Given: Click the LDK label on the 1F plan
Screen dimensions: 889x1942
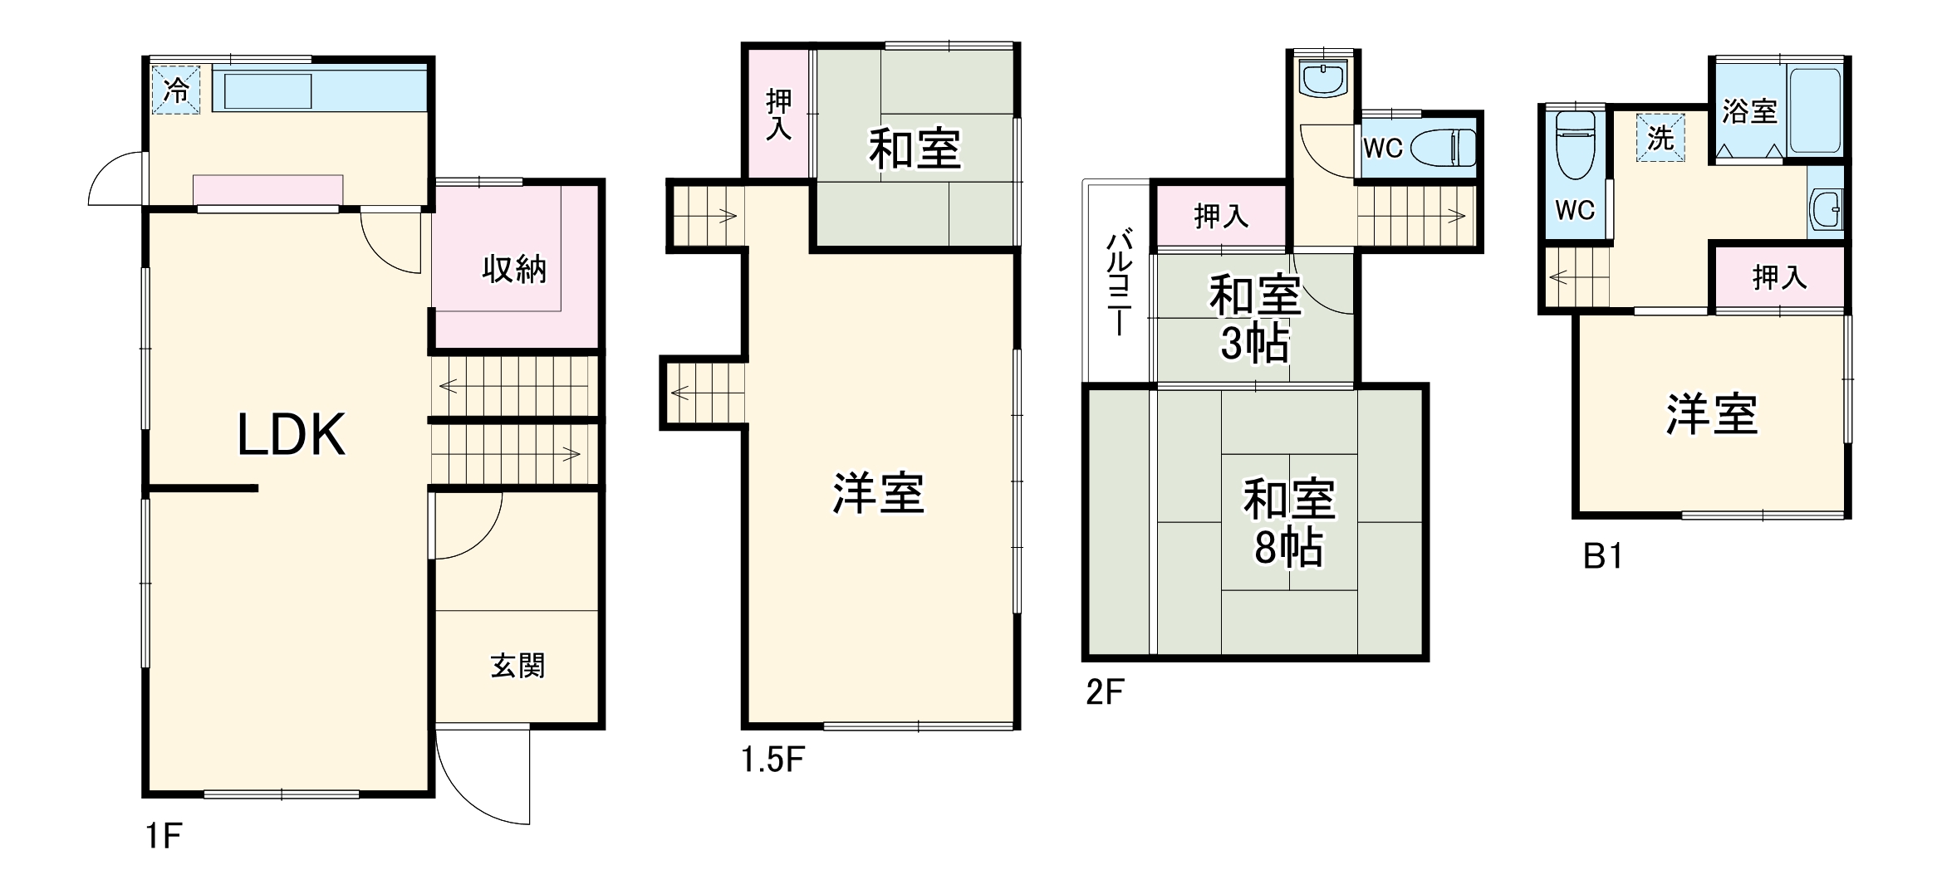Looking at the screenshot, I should coord(291,434).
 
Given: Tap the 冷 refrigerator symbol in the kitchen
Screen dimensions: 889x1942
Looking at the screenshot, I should coord(175,89).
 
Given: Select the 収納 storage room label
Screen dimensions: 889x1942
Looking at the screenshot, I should coord(514,270).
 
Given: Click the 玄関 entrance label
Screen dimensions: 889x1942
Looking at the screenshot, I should coord(517,666).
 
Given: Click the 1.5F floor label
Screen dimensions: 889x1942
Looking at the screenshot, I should coord(772,760).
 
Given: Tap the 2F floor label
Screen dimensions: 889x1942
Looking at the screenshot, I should coord(1105,691).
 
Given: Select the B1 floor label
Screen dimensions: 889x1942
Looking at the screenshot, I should coord(1602,556).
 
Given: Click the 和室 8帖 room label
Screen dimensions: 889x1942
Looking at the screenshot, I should coord(1288,523).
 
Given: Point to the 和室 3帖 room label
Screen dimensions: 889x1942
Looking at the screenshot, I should coord(1254,319).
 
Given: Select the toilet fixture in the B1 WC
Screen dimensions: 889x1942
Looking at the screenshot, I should coord(1575,145).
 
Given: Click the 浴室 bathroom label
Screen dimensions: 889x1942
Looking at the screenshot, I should coord(1748,111).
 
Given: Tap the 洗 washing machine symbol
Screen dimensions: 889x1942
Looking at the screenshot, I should coord(1660,138).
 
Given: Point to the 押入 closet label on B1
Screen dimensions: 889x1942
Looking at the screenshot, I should coord(1779,277).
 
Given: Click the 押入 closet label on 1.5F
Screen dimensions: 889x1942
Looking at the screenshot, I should coord(778,114).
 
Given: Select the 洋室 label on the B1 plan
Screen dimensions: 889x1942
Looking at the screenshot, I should coord(1712,415).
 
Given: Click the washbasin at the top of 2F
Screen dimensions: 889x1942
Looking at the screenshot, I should coord(1323,80).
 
